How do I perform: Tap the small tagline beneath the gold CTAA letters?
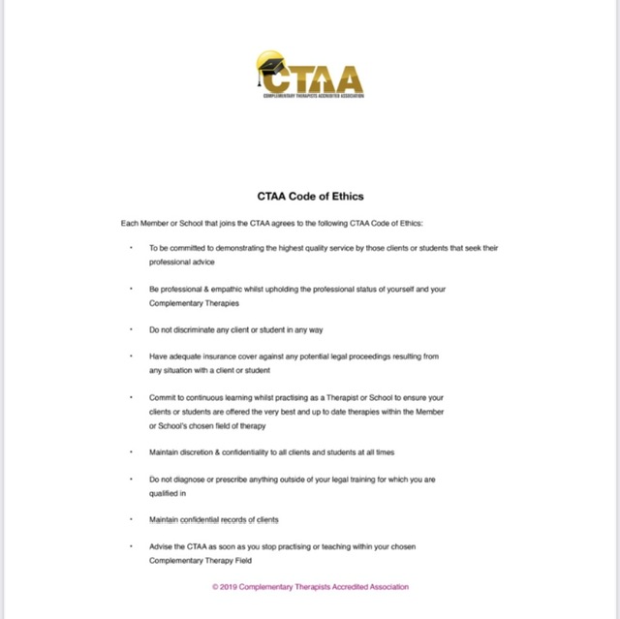(x=313, y=95)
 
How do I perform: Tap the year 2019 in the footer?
(x=230, y=587)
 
